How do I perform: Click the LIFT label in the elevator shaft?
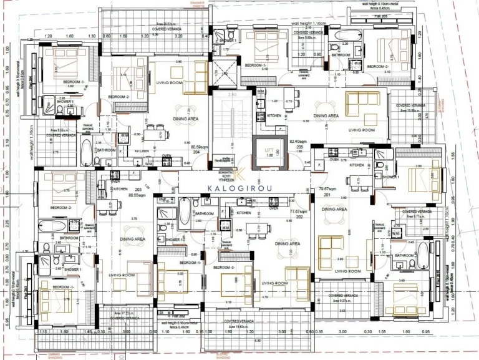269,150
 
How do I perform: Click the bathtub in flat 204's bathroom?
86,152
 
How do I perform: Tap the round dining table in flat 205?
324,106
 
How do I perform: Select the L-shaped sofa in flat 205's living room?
362,100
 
